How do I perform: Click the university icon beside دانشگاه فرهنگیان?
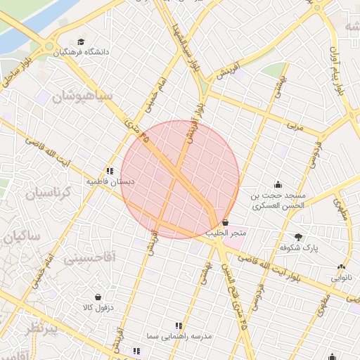[81, 42]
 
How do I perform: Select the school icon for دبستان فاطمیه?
[110, 170]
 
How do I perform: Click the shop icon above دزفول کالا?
[97, 297]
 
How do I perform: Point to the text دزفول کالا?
[97, 308]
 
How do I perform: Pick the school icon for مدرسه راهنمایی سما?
[178, 326]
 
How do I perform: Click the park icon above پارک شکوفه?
[298, 237]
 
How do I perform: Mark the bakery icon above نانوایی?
[341, 267]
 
